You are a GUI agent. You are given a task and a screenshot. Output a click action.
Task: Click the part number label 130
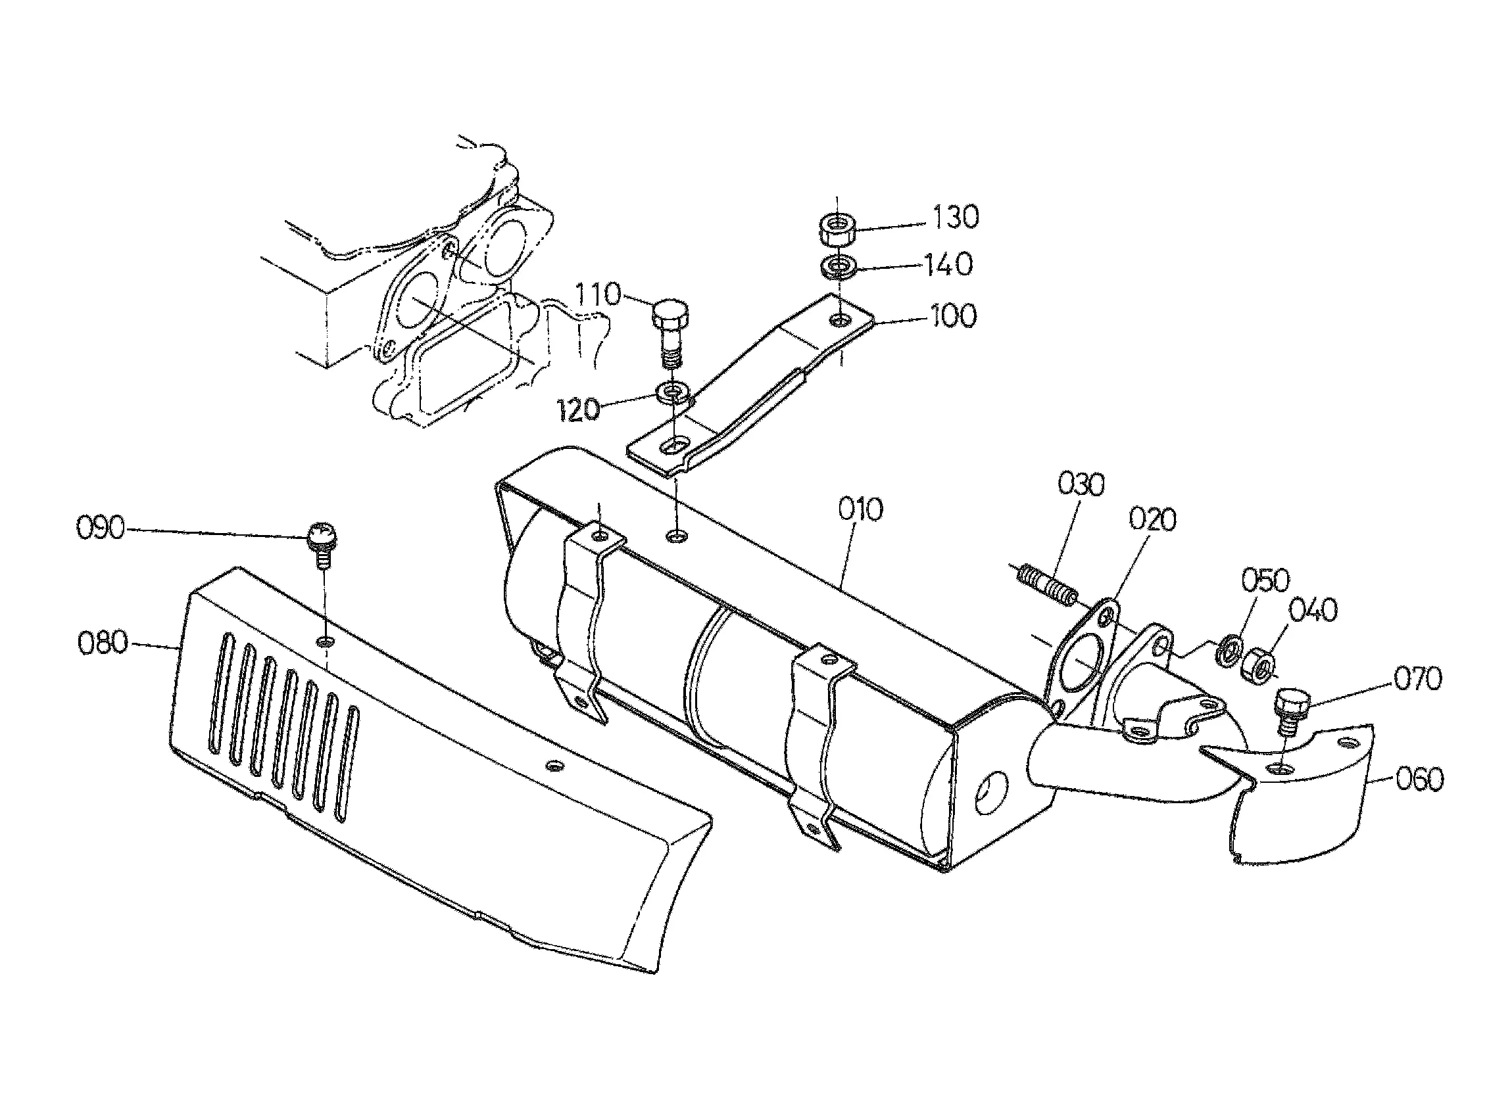tap(956, 218)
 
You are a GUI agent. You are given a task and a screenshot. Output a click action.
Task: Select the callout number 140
tap(948, 264)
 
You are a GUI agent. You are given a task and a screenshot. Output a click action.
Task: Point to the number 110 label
tap(598, 294)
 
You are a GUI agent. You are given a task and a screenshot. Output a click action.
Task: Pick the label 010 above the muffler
tap(861, 509)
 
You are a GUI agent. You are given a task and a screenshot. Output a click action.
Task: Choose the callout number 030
tap(1081, 484)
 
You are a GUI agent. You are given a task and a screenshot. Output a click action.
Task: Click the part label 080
tap(102, 643)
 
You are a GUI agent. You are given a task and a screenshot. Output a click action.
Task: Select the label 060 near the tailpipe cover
tap(1419, 779)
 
